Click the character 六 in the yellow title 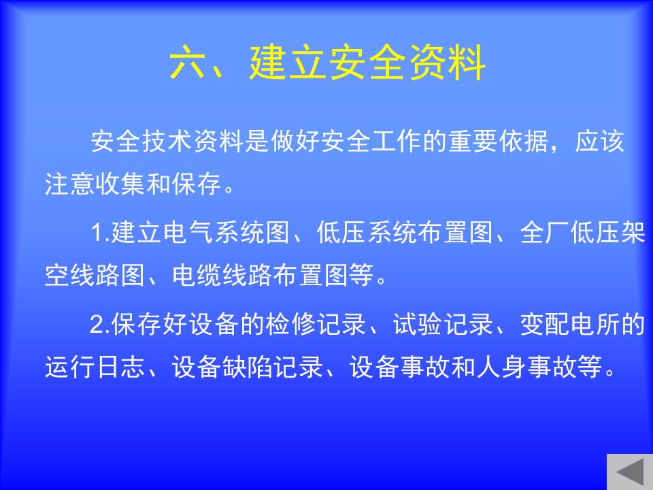[x=188, y=63]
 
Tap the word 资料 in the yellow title [x=447, y=63]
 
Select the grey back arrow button [x=630, y=472]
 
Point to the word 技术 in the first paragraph [x=154, y=141]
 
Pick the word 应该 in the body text [x=599, y=141]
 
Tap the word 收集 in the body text [x=120, y=184]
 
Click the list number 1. [x=98, y=233]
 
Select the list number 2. [x=98, y=325]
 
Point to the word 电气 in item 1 [x=188, y=233]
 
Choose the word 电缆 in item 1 [x=197, y=276]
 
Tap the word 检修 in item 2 [x=291, y=325]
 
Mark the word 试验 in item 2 [x=418, y=325]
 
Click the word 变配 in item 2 [x=545, y=325]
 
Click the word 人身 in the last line [x=501, y=367]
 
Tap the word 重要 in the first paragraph [x=473, y=141]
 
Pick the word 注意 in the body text [x=69, y=184]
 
